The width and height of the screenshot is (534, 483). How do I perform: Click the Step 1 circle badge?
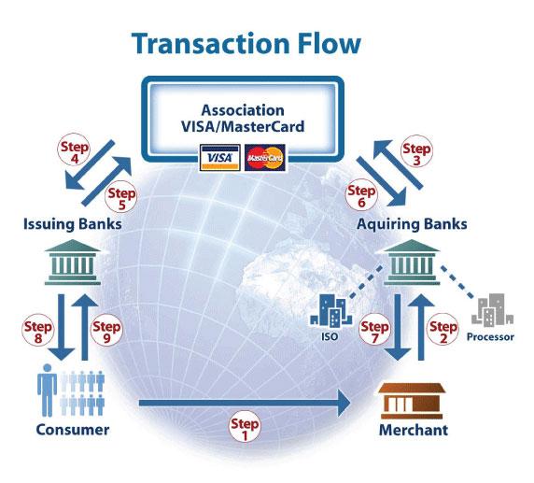[x=245, y=428]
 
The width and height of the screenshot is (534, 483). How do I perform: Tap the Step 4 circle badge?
[x=74, y=151]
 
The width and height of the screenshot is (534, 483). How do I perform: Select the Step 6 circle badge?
[x=361, y=195]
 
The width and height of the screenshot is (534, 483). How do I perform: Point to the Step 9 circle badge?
[x=106, y=331]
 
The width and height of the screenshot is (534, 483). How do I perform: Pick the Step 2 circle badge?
[x=443, y=330]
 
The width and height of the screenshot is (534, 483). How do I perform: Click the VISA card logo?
[x=220, y=158]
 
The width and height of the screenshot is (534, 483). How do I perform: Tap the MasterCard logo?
[x=265, y=158]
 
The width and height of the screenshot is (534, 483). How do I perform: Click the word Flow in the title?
[x=329, y=44]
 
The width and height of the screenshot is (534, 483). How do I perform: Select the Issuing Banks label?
[x=73, y=224]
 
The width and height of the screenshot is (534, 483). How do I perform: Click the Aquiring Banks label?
[x=412, y=224]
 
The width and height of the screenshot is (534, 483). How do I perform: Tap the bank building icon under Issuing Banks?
[x=73, y=262]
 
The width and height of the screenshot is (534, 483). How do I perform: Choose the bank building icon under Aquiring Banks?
[x=412, y=262]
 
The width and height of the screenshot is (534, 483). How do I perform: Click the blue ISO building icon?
[x=330, y=310]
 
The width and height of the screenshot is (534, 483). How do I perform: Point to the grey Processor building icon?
[x=492, y=310]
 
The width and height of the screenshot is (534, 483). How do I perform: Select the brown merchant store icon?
[x=412, y=401]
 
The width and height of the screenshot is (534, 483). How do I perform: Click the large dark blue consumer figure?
[x=47, y=390]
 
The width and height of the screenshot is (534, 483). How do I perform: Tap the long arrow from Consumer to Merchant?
[x=245, y=404]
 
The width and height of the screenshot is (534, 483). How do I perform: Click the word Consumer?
[x=73, y=430]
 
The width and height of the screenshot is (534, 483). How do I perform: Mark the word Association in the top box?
[x=243, y=110]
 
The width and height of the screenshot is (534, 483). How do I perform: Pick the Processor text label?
[x=490, y=336]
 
